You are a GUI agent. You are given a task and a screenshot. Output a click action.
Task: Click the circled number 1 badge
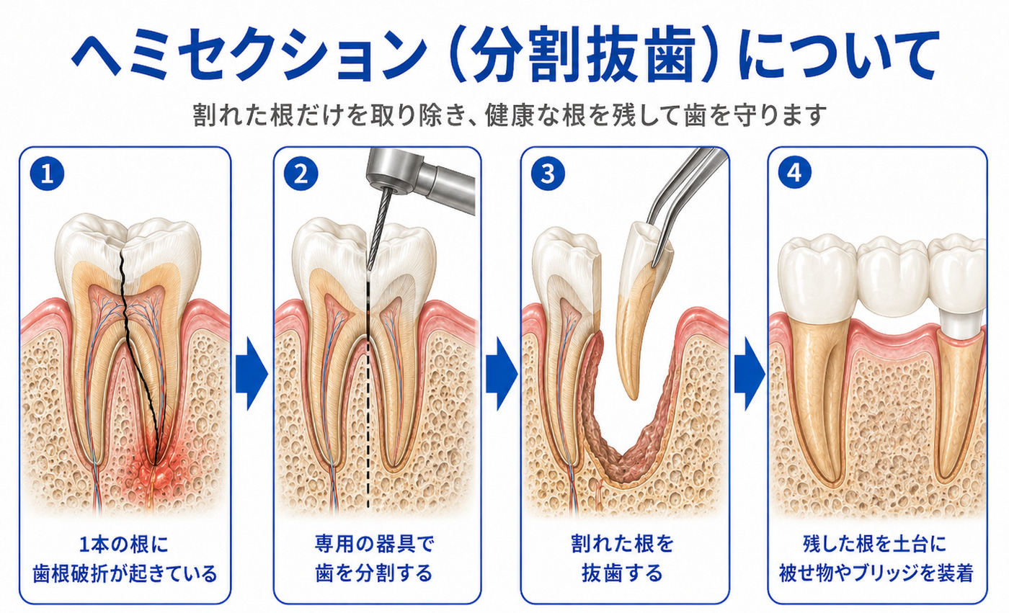tap(47, 174)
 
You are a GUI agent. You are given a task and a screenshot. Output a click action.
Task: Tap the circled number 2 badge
tap(301, 174)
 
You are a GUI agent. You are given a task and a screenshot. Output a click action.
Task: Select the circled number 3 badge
tap(548, 174)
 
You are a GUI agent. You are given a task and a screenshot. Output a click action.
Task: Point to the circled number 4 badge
tap(794, 172)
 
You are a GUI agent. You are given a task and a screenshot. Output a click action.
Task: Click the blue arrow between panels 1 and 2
tap(252, 374)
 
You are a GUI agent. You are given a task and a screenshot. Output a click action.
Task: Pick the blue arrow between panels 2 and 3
tap(502, 374)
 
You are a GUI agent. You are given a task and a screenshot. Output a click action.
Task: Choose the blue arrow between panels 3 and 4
tap(750, 374)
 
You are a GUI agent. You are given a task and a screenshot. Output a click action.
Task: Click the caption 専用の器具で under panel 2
tap(375, 544)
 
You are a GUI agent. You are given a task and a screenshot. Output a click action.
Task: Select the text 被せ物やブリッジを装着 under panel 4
tap(876, 573)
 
